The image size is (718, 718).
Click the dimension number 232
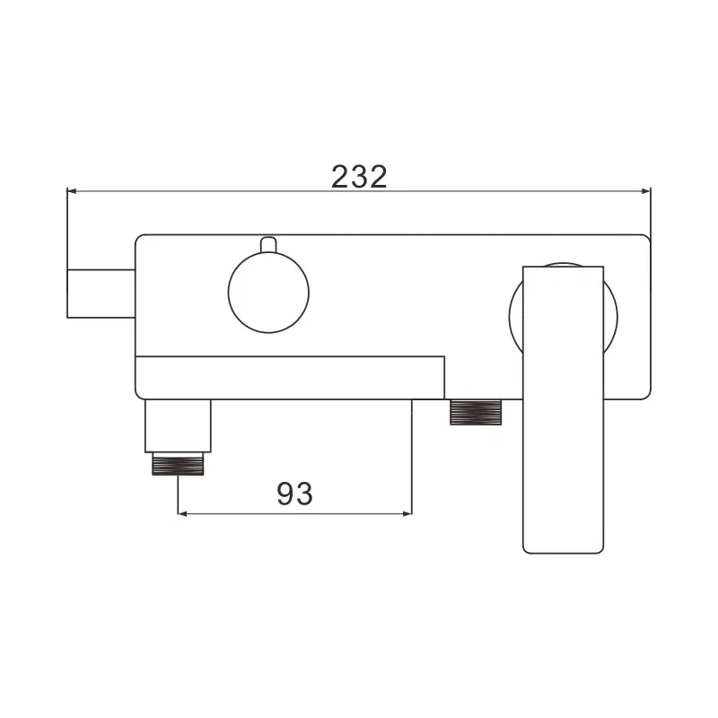coord(359,176)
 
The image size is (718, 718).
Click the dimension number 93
coord(294,493)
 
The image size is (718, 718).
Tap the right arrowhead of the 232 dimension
coord(644,190)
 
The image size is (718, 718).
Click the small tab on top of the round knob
coord(267,245)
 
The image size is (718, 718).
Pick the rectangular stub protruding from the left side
coord(101,292)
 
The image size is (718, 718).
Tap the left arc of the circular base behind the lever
coord(512,314)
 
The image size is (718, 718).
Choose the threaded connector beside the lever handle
coord(477,412)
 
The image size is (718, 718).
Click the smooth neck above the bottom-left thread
coord(178,425)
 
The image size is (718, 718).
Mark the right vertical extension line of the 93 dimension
coord(412,458)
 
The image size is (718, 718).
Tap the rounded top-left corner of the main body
coord(140,240)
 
